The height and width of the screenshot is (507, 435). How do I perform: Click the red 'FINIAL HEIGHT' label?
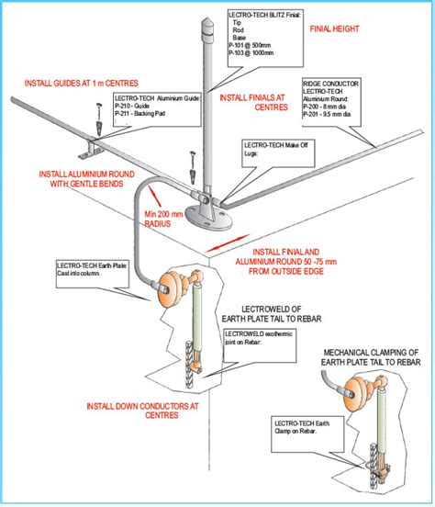[x=360, y=29]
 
